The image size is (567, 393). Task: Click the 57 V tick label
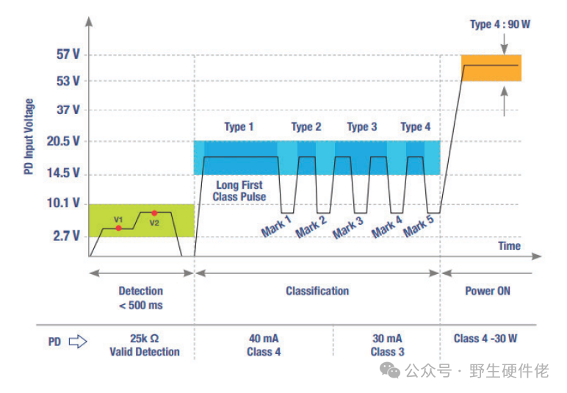click(x=67, y=54)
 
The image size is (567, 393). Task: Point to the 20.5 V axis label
click(x=64, y=141)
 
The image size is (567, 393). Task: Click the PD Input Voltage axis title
click(x=29, y=136)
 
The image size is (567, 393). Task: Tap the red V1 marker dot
click(x=119, y=228)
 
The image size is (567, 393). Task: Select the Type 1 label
click(x=239, y=127)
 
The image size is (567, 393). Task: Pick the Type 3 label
click(x=361, y=127)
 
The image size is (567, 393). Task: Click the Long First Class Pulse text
click(x=239, y=191)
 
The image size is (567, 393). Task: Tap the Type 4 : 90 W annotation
click(x=499, y=24)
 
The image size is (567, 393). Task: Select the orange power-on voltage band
click(x=491, y=68)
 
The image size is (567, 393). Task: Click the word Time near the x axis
click(x=509, y=246)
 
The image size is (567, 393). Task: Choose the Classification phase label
click(x=317, y=291)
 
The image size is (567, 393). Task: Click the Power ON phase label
click(x=487, y=291)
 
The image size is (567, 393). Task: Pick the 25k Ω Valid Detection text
click(x=145, y=345)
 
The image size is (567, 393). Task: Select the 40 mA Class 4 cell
click(x=264, y=345)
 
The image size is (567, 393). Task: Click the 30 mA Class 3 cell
click(x=386, y=345)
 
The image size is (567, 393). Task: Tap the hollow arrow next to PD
click(x=78, y=341)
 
